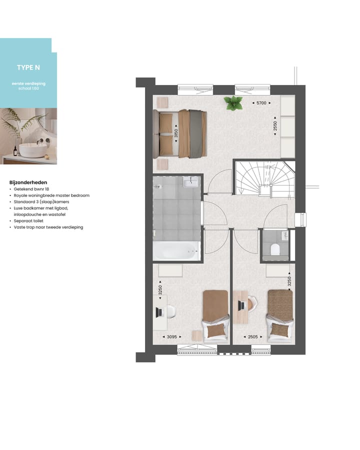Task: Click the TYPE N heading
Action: [x=28, y=68]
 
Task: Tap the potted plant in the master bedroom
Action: [x=232, y=103]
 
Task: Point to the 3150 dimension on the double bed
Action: [x=176, y=133]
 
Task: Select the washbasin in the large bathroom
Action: [x=191, y=183]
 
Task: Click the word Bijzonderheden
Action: [x=28, y=182]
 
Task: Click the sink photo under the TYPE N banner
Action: [x=28, y=135]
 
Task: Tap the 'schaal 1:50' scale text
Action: [x=28, y=87]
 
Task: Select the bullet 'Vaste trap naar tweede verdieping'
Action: [x=48, y=227]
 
